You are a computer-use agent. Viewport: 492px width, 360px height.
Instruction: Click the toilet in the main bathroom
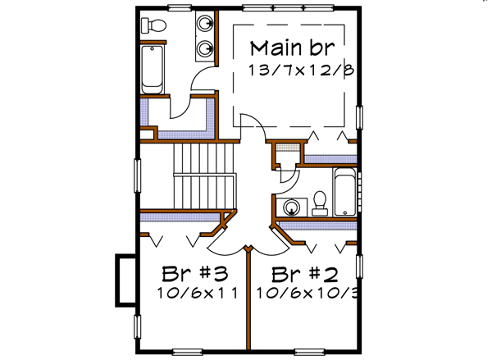152,25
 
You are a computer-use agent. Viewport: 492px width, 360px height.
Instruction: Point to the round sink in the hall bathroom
289,207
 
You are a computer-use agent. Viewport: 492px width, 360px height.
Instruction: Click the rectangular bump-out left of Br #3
124,279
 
